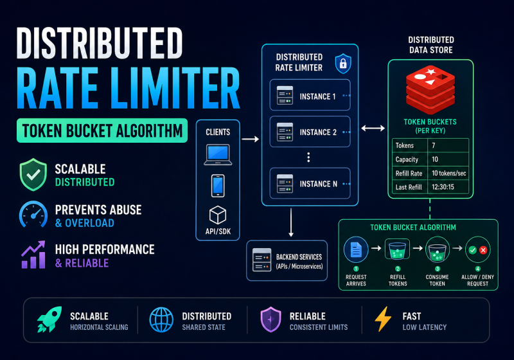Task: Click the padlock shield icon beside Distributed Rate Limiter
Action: pyautogui.click(x=343, y=63)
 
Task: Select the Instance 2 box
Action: pyautogui.click(x=310, y=132)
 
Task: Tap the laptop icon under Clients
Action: pyautogui.click(x=218, y=154)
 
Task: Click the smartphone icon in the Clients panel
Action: pyautogui.click(x=218, y=186)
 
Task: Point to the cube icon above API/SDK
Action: pyautogui.click(x=218, y=215)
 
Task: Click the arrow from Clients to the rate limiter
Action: pyautogui.click(x=250, y=139)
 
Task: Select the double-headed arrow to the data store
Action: pyautogui.click(x=373, y=128)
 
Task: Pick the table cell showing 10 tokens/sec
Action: pyautogui.click(x=448, y=173)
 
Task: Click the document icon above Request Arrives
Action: pyautogui.click(x=356, y=249)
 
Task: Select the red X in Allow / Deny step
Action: pyautogui.click(x=483, y=250)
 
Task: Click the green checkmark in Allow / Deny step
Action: pyautogui.click(x=472, y=250)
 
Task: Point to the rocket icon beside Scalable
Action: pyautogui.click(x=49, y=319)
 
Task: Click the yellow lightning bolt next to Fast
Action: pyautogui.click(x=383, y=319)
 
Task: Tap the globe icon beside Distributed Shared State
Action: pyautogui.click(x=161, y=319)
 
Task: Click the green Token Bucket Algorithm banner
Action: pyautogui.click(x=102, y=130)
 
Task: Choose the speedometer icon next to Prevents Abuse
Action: pyautogui.click(x=33, y=215)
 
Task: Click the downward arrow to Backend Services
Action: pyautogui.click(x=291, y=222)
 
